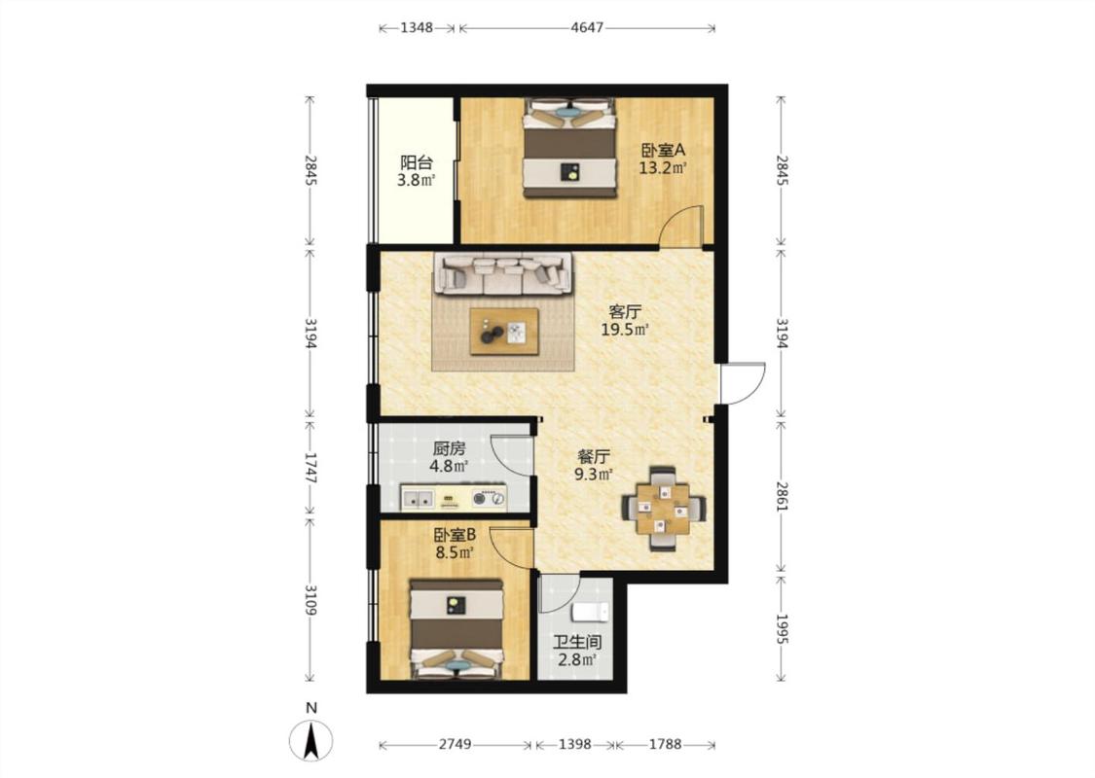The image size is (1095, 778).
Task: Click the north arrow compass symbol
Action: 311,740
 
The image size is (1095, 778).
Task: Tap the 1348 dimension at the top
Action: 417,28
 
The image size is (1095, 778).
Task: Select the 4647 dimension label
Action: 587,28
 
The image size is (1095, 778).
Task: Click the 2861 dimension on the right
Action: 782,495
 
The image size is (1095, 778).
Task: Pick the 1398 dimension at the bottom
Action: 574,745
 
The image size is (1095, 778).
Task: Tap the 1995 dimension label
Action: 782,629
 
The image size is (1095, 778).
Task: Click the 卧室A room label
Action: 664,150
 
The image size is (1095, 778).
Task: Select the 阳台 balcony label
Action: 417,162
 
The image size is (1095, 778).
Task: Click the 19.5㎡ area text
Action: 626,330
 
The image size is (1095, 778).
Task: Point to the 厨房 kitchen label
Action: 449,448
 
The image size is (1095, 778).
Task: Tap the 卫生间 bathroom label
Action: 577,642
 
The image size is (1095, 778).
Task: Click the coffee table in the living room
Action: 504,332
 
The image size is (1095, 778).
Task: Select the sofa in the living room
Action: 503,273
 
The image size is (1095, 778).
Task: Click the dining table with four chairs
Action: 664,508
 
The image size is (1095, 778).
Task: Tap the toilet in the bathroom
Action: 591,613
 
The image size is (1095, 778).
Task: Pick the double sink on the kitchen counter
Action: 418,499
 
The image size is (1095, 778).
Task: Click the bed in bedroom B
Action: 456,628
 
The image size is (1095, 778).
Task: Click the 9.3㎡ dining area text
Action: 594,475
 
